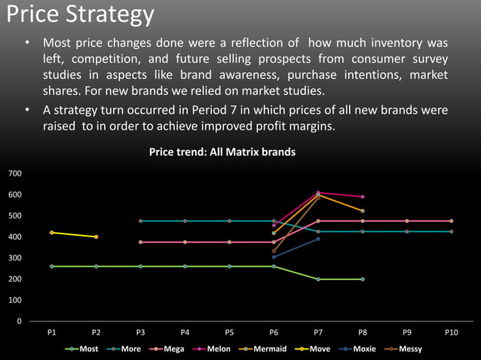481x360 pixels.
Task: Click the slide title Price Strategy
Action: pos(78,14)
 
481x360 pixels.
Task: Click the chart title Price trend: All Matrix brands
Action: pos(222,152)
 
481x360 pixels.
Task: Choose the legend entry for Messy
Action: pos(410,349)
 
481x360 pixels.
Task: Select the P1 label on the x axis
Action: pos(51,332)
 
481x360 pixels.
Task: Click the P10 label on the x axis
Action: pos(451,332)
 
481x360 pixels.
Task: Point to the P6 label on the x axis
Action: pos(274,332)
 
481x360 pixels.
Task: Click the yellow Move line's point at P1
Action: pos(51,233)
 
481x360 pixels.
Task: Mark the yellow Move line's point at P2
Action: pos(96,237)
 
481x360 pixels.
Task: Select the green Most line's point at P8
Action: pos(363,279)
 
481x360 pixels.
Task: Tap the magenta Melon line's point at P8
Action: pos(363,197)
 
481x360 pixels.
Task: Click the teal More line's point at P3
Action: pos(140,221)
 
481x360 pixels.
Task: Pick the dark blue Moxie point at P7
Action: pos(318,239)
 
